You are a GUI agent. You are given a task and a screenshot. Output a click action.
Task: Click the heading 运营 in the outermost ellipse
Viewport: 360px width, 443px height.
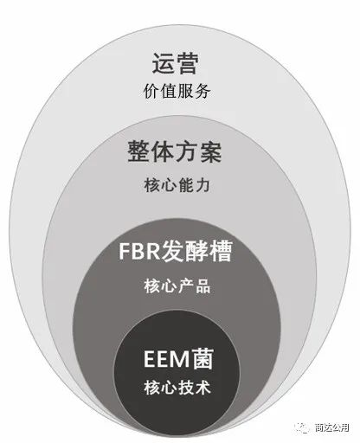175,63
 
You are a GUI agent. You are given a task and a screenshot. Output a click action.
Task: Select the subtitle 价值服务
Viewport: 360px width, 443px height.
177,92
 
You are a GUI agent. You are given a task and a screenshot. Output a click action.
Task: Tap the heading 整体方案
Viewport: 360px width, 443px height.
175,151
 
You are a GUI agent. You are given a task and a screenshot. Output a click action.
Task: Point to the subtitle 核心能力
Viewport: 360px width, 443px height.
177,185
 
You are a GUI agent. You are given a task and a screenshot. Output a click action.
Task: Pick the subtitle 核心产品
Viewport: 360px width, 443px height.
177,286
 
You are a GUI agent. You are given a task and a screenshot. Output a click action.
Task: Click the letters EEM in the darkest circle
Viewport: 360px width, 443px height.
167,359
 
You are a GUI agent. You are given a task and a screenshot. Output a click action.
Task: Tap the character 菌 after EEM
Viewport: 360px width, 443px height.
203,358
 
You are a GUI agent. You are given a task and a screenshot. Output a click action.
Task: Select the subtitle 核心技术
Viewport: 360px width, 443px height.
177,388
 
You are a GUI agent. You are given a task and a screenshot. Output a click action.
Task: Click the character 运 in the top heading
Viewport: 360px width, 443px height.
164,63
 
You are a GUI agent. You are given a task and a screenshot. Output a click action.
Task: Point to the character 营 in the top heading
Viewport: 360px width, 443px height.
187,63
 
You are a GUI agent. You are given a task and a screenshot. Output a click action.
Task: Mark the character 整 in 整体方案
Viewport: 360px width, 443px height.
139,151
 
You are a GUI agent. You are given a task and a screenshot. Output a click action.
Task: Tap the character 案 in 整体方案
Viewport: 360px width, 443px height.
210,151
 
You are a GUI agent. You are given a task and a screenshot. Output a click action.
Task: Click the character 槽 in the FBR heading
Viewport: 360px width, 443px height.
222,251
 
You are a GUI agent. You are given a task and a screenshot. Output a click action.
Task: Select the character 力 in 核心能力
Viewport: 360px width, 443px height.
202,185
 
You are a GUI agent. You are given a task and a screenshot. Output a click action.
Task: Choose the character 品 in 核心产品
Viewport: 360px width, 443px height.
203,286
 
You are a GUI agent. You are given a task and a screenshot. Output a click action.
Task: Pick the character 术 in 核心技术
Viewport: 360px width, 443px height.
203,388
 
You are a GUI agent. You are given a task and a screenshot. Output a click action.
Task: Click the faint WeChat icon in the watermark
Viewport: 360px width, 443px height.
302,427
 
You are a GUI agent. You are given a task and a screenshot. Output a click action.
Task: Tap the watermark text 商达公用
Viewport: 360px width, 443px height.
332,427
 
